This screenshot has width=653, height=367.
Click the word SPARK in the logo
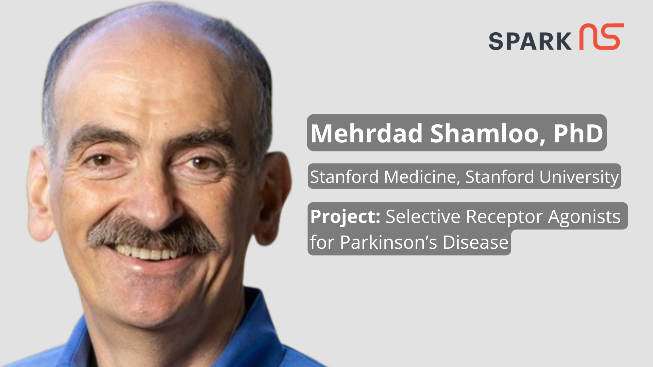[x=530, y=41]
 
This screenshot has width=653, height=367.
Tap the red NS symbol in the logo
[x=602, y=37]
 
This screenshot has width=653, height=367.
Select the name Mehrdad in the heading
[x=366, y=133]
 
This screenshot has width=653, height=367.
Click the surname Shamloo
[x=487, y=133]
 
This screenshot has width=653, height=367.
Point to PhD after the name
[x=578, y=133]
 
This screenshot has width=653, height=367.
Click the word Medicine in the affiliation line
[x=421, y=177]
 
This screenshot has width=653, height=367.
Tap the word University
[x=579, y=177]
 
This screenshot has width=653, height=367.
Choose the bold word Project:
[x=345, y=216]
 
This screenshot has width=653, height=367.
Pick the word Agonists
[x=584, y=216]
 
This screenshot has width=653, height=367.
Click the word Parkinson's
[x=388, y=242]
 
